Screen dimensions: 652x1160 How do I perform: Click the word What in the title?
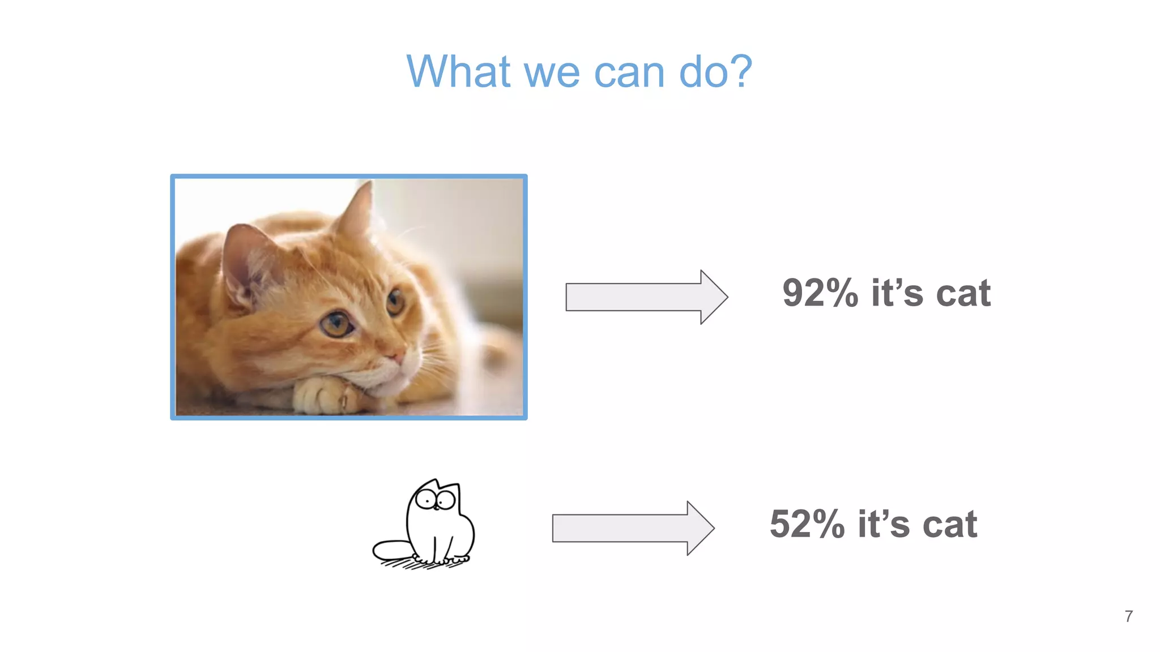pos(459,72)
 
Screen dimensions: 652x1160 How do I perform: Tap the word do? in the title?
pos(715,72)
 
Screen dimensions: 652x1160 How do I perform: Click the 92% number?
pos(820,293)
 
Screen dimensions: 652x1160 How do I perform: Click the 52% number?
pos(807,524)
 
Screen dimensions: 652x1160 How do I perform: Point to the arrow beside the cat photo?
pos(646,297)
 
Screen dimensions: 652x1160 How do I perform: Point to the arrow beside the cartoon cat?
pos(633,528)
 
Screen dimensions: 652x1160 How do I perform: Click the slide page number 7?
pos(1129,616)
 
